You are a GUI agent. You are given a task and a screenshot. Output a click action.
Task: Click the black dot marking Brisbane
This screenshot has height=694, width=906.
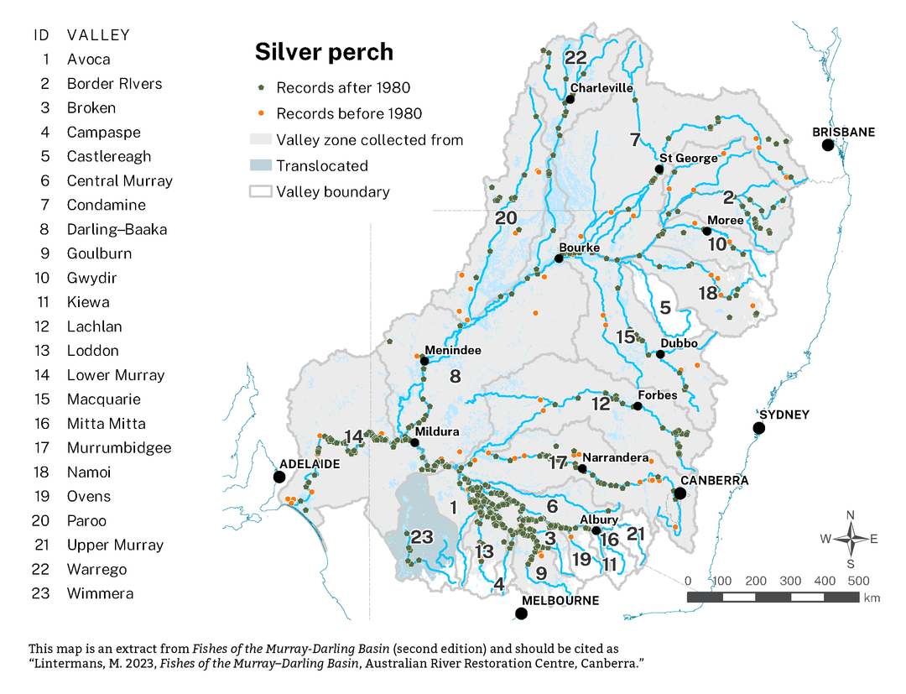pos(828,145)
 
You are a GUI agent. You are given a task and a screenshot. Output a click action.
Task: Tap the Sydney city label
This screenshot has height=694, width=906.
pos(784,415)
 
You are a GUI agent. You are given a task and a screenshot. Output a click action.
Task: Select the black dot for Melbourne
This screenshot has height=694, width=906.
pos(521,613)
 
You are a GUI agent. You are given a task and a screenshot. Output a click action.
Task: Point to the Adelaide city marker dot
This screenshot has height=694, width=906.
pos(279,477)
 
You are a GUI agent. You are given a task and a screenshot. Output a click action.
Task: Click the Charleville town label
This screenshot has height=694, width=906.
pos(600,87)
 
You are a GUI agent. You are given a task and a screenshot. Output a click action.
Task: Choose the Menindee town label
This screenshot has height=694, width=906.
pos(453,350)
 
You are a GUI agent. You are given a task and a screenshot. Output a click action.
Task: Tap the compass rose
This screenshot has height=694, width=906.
pos(851,539)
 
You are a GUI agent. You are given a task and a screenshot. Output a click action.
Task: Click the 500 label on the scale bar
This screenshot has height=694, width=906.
pos(858,581)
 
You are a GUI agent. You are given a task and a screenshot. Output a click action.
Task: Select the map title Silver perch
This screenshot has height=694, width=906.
pos(324,52)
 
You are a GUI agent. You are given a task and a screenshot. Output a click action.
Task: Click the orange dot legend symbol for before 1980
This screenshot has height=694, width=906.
pos(262,113)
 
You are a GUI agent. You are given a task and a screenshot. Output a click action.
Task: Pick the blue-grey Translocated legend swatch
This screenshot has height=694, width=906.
pos(262,166)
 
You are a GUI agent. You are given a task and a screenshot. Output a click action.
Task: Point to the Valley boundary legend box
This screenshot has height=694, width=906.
pos(262,191)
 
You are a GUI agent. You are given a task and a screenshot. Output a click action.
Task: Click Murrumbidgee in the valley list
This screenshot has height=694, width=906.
pos(119,448)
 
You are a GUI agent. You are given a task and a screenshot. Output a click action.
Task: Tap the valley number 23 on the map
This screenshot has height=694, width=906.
pos(421,537)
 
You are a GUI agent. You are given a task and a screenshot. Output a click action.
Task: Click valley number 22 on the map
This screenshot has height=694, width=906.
pos(575,58)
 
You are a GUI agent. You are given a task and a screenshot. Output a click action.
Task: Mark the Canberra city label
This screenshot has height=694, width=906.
pos(714,481)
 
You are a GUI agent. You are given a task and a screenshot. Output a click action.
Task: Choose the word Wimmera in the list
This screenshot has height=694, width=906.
pos(100,593)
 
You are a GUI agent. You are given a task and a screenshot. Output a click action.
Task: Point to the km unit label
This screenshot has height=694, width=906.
pos(872,598)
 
